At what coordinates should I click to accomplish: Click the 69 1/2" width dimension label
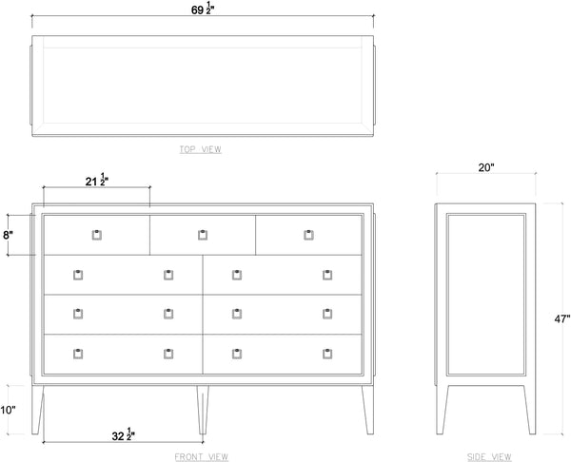click(203, 9)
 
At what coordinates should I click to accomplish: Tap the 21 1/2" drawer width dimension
click(97, 180)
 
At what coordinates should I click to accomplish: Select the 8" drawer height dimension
click(8, 235)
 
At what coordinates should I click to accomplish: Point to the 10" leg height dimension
click(8, 410)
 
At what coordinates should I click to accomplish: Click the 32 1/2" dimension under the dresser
click(123, 434)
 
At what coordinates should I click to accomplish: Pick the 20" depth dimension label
click(486, 167)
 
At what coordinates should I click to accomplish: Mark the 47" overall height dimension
click(561, 319)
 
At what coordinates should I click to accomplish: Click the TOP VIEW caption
click(200, 149)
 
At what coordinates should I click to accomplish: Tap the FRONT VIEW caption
click(202, 456)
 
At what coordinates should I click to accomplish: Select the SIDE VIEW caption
click(489, 456)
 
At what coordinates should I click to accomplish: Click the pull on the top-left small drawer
click(96, 235)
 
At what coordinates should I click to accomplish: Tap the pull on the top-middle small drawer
click(203, 235)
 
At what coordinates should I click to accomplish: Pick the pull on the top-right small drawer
click(308, 235)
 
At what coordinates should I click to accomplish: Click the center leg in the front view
click(203, 410)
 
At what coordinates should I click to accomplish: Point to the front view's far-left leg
click(37, 410)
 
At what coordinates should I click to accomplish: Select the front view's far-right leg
click(367, 410)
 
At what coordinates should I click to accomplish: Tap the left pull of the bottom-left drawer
click(78, 354)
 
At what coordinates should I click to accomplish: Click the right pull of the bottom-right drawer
click(327, 354)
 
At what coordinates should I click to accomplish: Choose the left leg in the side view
click(443, 410)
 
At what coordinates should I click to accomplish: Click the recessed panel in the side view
click(486, 295)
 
